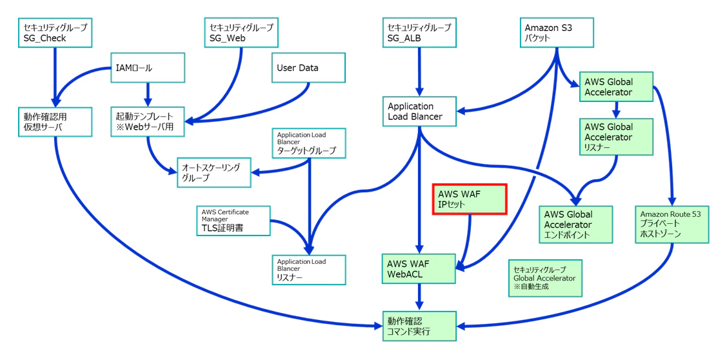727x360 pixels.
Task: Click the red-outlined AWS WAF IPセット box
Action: point(470,199)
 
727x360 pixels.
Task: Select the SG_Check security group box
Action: point(55,33)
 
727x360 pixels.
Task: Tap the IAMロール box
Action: point(148,68)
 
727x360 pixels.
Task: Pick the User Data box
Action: point(309,68)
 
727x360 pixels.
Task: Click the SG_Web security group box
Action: point(241,33)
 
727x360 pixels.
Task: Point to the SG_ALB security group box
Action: point(419,33)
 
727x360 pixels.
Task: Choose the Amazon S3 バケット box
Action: point(556,33)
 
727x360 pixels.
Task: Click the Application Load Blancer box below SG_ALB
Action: point(419,111)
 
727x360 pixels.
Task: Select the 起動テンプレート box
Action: point(148,121)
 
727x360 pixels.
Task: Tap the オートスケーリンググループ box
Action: point(214,172)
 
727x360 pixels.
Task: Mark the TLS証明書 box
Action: point(234,221)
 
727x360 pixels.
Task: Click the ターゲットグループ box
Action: point(309,143)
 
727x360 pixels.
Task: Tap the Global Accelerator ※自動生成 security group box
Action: point(545,278)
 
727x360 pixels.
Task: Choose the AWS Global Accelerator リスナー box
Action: point(616,136)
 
